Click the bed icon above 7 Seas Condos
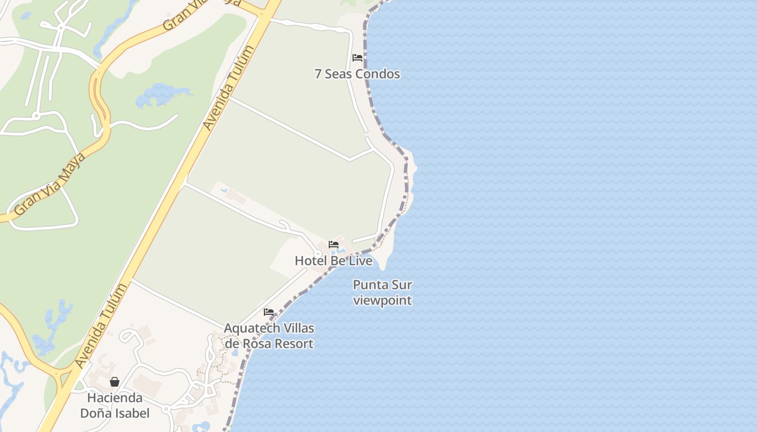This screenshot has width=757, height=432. point(357,58)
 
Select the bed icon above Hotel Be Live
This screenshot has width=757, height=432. point(334,245)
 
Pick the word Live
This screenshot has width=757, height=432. point(360,261)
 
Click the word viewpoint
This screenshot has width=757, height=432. point(383,300)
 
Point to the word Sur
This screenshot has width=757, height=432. point(402,285)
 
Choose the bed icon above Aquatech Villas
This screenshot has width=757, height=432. point(269,312)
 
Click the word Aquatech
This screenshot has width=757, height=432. point(252,328)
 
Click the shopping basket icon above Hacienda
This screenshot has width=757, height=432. point(115,382)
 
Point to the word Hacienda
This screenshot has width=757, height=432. point(115,398)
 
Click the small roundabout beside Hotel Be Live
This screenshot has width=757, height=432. point(318,253)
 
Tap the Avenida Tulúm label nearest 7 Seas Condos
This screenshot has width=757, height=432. point(229,87)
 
